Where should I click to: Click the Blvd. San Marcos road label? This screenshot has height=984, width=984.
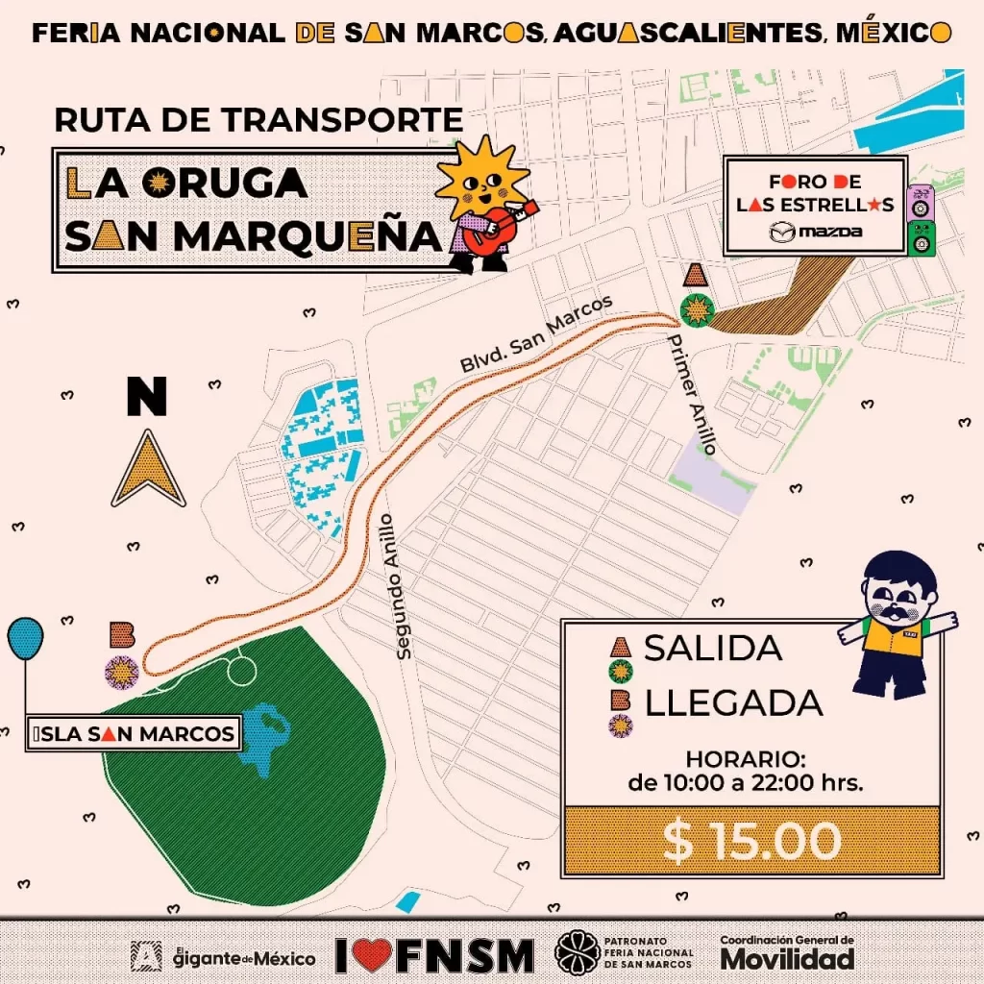[x=536, y=335]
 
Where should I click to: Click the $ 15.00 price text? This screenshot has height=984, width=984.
[x=751, y=842]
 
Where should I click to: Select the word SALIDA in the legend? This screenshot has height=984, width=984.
[x=713, y=648]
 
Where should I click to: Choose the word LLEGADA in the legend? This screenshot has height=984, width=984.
[x=734, y=702]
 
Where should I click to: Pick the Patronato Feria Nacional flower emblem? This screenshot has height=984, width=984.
[x=576, y=953]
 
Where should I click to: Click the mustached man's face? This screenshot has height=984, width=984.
[x=899, y=596]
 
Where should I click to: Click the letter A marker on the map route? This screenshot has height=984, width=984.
[x=696, y=278]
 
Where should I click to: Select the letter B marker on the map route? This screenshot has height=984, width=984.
[x=122, y=634]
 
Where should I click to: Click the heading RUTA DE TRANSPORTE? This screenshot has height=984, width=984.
[x=258, y=120]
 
